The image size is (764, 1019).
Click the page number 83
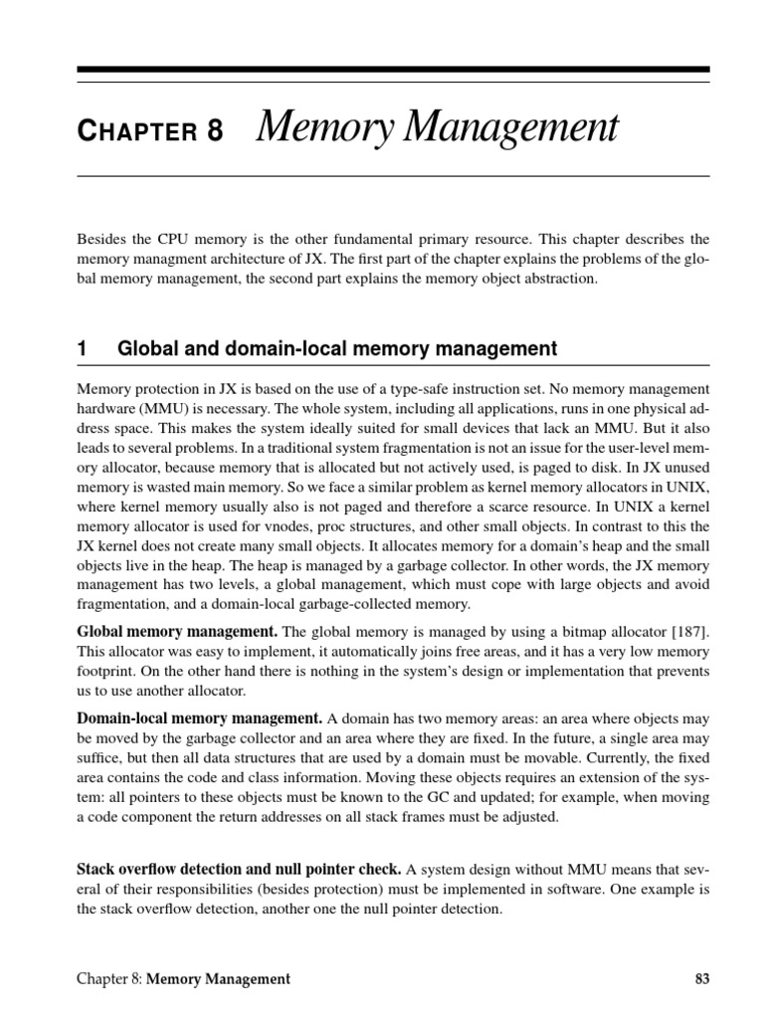pos(701,978)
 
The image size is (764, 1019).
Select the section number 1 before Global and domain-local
pos(83,348)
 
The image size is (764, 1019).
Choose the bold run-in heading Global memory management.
pos(177,632)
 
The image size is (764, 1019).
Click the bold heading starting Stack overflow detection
pos(239,869)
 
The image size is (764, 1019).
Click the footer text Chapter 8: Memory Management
pos(184,978)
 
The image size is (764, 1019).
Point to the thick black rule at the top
pos(393,71)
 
